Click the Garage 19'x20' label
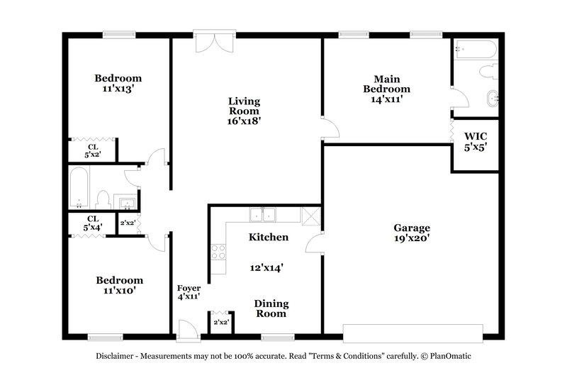412,234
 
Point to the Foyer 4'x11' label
189,293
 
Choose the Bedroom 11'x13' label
118,84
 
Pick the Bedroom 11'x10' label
119,285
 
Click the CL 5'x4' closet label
93,223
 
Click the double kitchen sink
262,214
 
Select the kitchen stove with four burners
218,251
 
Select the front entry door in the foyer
187,328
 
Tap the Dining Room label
271,308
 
